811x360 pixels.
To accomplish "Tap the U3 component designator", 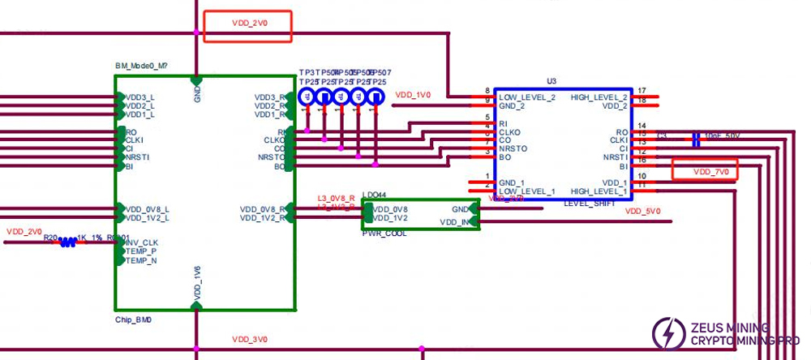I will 551,81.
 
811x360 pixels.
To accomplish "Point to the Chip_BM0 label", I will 134,319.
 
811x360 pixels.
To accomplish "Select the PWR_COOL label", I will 384,233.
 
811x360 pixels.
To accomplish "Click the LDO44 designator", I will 375,195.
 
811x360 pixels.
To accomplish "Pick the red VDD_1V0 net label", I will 413,95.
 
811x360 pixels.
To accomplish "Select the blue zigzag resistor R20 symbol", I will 68,241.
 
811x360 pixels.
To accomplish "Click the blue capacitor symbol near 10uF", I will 696,139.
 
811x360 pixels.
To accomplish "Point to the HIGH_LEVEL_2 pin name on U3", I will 599,96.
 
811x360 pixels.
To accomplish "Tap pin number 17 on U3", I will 642,90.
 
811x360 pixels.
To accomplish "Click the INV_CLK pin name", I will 142,242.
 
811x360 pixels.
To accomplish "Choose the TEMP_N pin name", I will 141,260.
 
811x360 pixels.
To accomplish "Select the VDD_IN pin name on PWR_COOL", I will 454,221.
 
